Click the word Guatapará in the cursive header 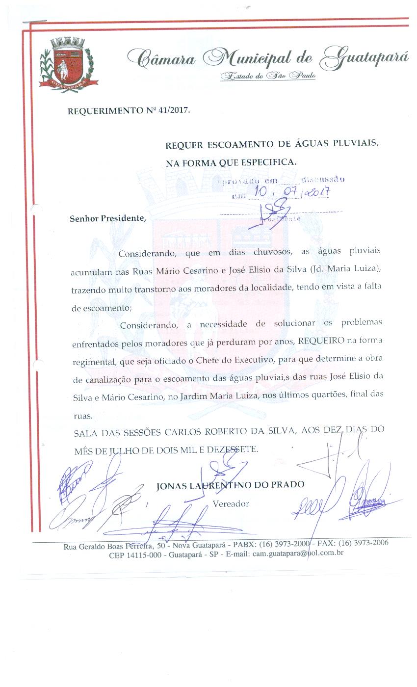coord(364,59)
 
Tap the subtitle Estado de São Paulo coord(268,76)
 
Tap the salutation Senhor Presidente coord(108,218)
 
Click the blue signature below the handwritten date coord(267,215)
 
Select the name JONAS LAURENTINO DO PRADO coord(230,485)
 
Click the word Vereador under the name coord(231,503)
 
